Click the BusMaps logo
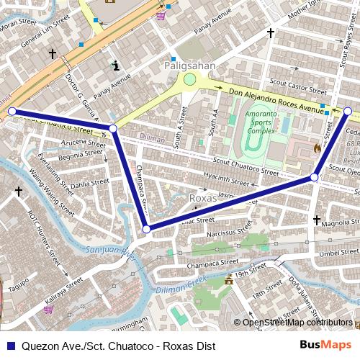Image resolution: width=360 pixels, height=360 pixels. (x=325, y=345)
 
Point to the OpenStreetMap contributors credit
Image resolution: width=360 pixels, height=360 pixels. (x=297, y=323)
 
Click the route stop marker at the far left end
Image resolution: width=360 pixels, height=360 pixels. (x=12, y=111)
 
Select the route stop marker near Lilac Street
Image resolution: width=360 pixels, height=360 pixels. (x=146, y=229)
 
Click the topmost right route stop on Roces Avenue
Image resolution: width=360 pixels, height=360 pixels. (x=348, y=111)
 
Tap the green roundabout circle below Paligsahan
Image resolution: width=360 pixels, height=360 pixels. (x=189, y=80)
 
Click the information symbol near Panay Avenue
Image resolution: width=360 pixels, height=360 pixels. (x=115, y=66)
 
